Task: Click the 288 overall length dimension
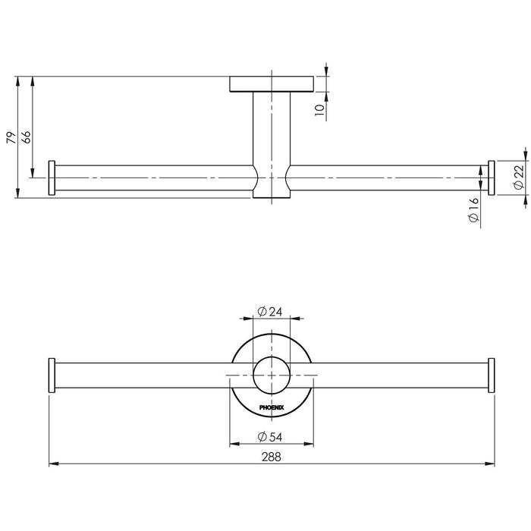(x=272, y=457)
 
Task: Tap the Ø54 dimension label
(x=269, y=437)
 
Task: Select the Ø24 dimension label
(x=269, y=311)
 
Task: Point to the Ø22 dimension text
(x=519, y=177)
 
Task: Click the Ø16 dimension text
(x=474, y=210)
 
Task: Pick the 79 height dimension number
(x=11, y=137)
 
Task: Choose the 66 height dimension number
(x=27, y=137)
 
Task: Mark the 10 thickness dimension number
(x=319, y=110)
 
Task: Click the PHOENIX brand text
(x=272, y=407)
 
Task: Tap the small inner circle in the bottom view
(x=272, y=375)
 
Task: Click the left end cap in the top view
(x=52, y=178)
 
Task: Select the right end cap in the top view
(x=491, y=178)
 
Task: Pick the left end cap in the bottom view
(x=52, y=375)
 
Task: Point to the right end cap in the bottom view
(x=491, y=375)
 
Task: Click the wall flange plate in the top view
(x=272, y=84)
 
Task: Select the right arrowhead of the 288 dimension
(x=490, y=463)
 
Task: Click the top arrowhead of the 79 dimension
(x=17, y=81)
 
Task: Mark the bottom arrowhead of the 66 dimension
(x=33, y=173)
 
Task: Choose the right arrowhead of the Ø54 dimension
(x=309, y=444)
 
